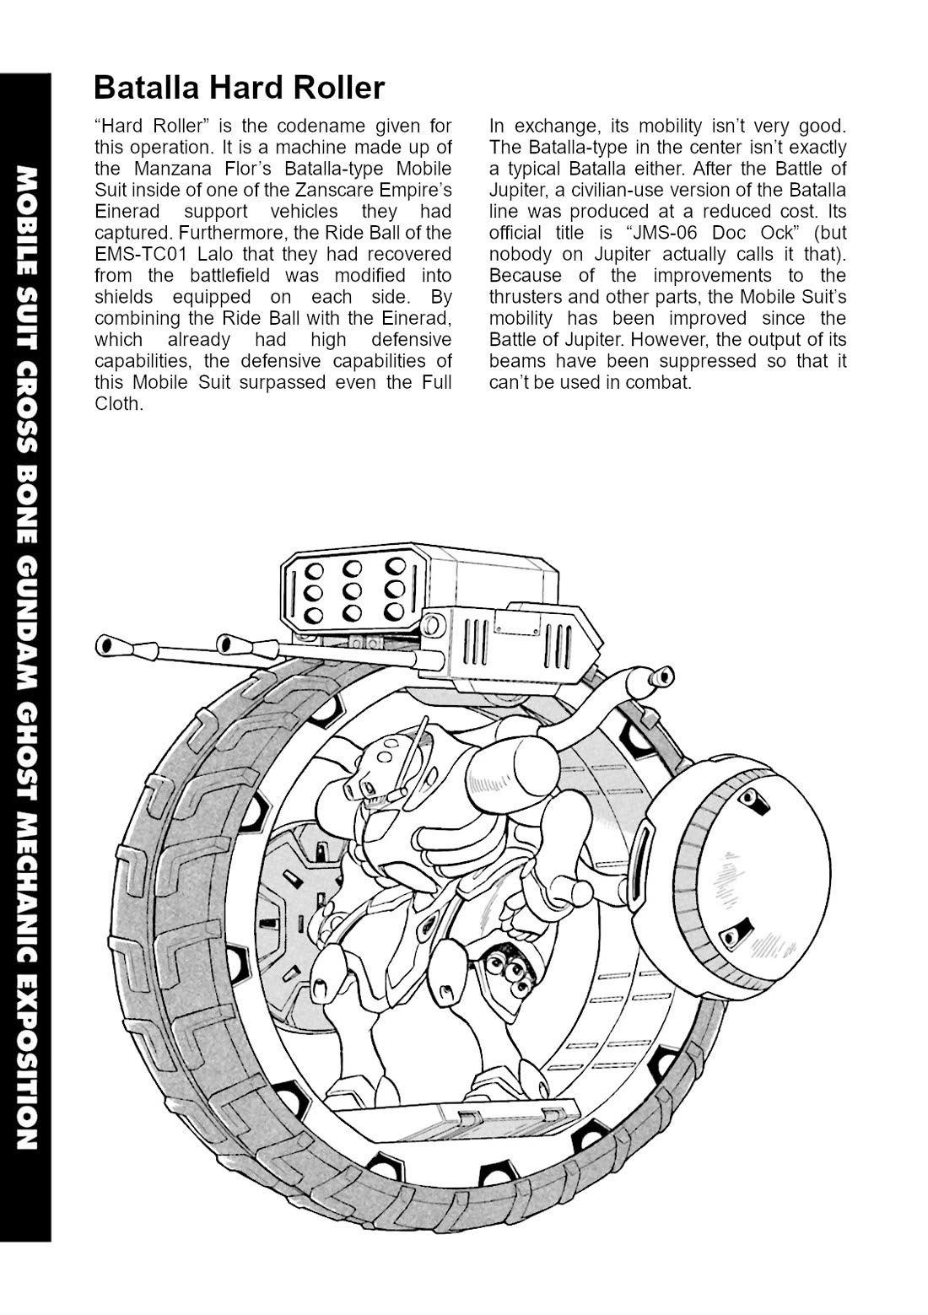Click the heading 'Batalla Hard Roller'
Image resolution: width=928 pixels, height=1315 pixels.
239,87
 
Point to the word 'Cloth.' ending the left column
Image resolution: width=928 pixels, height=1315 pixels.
118,403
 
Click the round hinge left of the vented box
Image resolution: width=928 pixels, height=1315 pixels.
434,625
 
